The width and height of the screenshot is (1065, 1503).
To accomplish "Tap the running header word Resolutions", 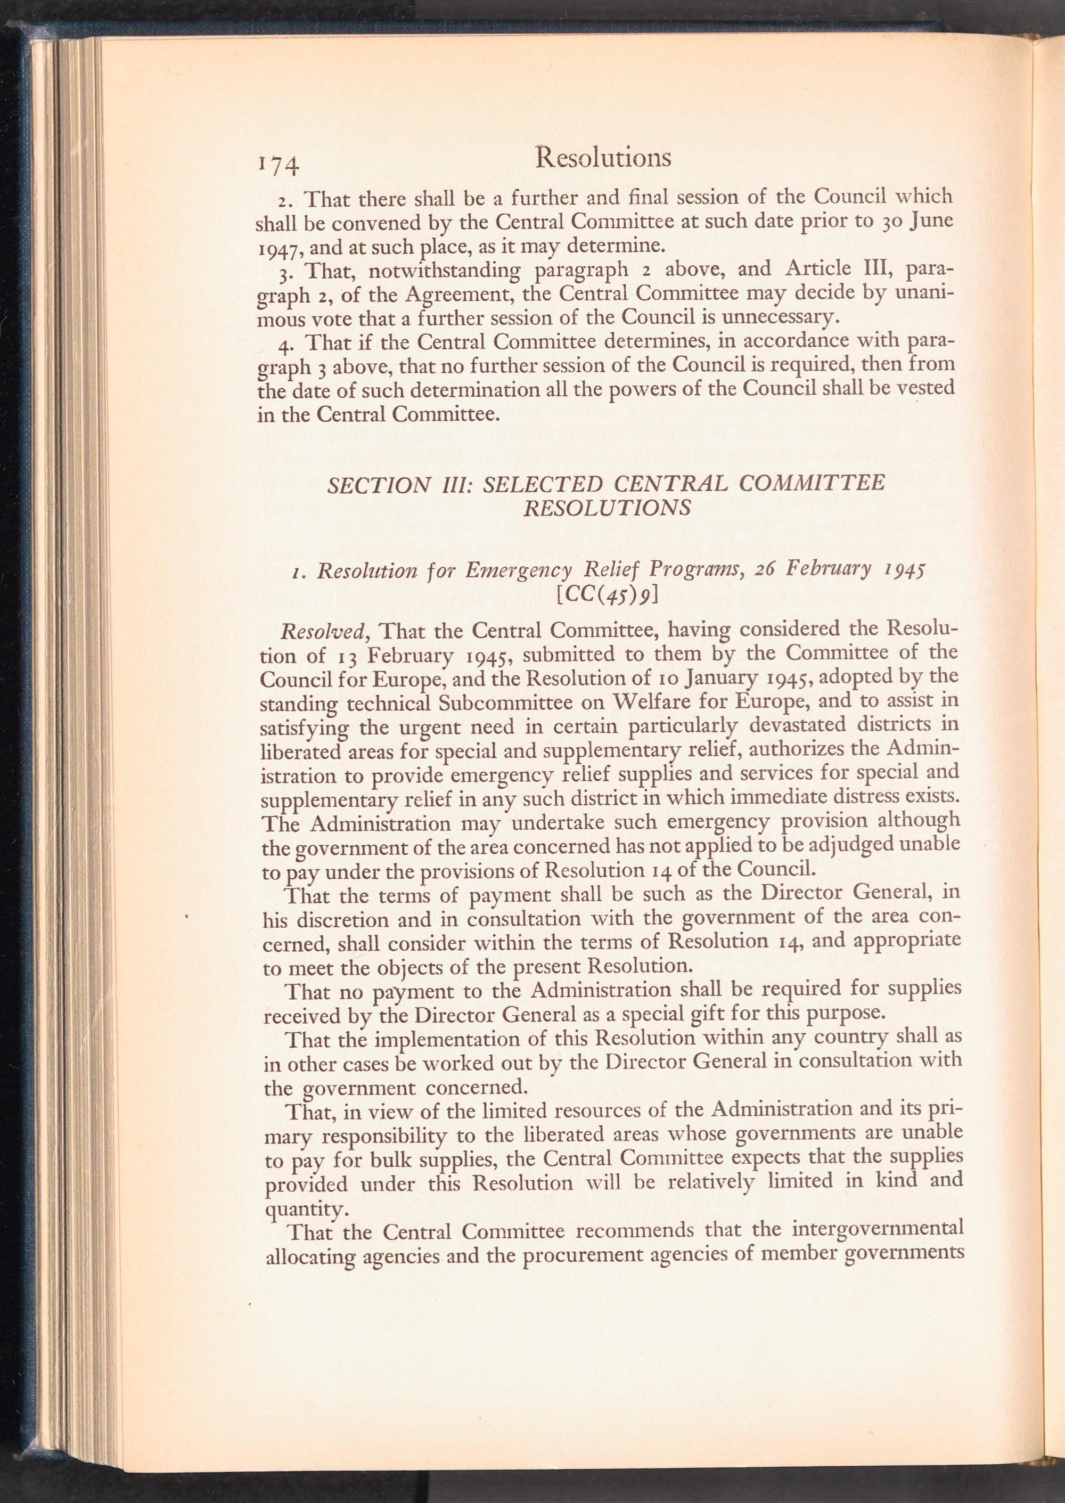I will click(x=603, y=158).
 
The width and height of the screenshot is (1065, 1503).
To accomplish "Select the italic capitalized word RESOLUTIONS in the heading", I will click(x=607, y=508).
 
